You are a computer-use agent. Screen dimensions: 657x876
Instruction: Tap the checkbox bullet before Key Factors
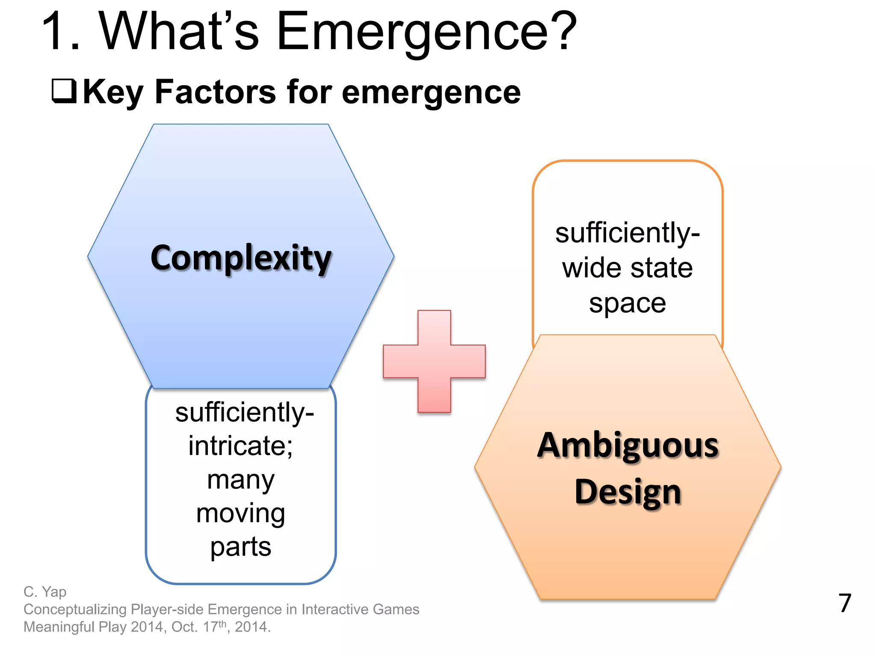tap(64, 91)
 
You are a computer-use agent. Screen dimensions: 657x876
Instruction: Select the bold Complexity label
tap(241, 258)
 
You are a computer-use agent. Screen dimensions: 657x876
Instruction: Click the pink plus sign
tap(434, 361)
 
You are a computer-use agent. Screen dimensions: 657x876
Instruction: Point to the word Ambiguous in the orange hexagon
tap(627, 446)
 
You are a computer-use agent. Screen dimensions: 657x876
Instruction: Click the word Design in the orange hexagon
tap(627, 492)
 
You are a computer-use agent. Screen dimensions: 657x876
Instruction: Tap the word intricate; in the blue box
tap(240, 446)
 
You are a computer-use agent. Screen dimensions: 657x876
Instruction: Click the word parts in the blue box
tap(240, 547)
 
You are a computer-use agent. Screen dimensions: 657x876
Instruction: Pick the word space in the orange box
tap(627, 303)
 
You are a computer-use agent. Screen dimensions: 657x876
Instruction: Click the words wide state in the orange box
tap(627, 268)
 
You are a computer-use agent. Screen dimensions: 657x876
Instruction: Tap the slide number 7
tap(845, 603)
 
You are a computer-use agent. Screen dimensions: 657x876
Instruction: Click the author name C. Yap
tap(45, 592)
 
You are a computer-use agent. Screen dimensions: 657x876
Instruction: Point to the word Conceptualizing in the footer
tap(75, 609)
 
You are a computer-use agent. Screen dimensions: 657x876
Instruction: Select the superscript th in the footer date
tap(222, 624)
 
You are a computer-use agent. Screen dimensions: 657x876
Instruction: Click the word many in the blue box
tap(240, 479)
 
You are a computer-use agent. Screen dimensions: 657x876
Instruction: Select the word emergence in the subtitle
tap(431, 92)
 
